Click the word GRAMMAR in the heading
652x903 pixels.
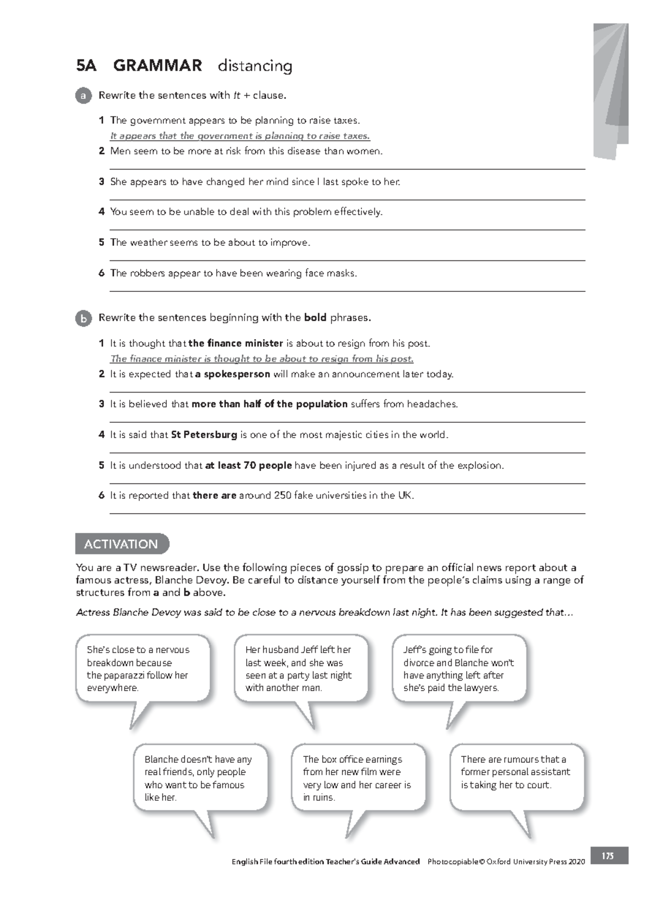[x=157, y=66]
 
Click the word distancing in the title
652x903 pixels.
[x=255, y=66]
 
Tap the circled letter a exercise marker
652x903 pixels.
[x=83, y=96]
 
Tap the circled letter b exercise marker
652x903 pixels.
[x=83, y=319]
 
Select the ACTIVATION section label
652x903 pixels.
[x=121, y=544]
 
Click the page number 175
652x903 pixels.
[x=608, y=856]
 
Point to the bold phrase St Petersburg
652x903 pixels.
[x=204, y=435]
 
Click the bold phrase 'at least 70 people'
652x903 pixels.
[x=248, y=465]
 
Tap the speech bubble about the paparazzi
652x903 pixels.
[x=142, y=669]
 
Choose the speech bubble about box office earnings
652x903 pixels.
[x=358, y=778]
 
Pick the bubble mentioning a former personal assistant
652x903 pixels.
[x=516, y=773]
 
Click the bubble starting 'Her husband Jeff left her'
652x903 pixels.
[x=300, y=669]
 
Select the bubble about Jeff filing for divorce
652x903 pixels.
[x=459, y=669]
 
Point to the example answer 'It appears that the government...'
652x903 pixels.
[x=240, y=136]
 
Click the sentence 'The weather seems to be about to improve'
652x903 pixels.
[x=210, y=242]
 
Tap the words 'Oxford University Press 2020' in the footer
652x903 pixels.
[x=536, y=862]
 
